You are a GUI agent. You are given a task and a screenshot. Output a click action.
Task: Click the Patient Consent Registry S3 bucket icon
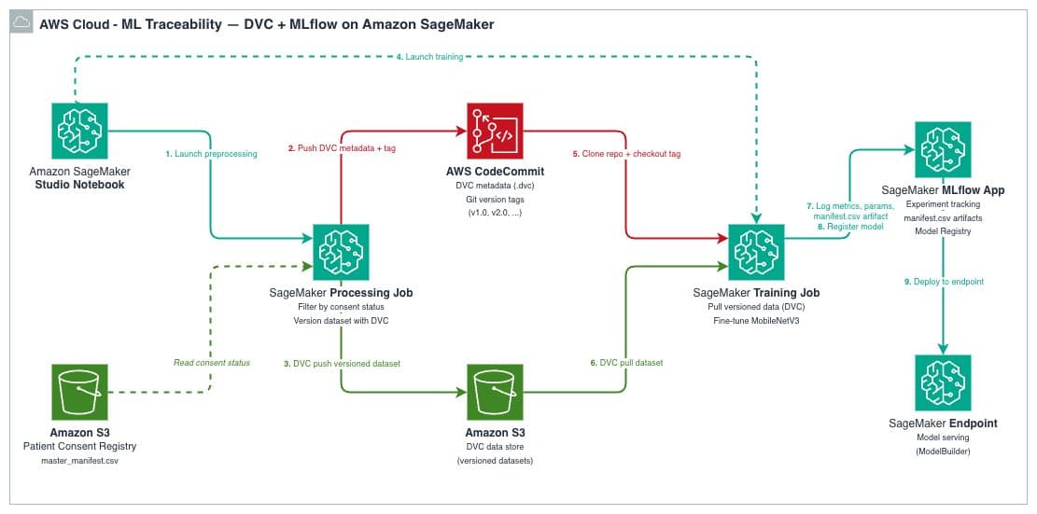pyautogui.click(x=79, y=393)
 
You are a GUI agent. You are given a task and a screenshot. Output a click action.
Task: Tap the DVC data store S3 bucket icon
pyautogui.click(x=495, y=393)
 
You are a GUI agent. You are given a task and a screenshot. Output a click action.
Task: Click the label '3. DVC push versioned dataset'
pyautogui.click(x=343, y=363)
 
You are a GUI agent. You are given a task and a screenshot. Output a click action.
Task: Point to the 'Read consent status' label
pyautogui.click(x=212, y=362)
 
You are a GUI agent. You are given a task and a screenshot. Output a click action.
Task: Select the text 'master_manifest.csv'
pyautogui.click(x=79, y=461)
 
